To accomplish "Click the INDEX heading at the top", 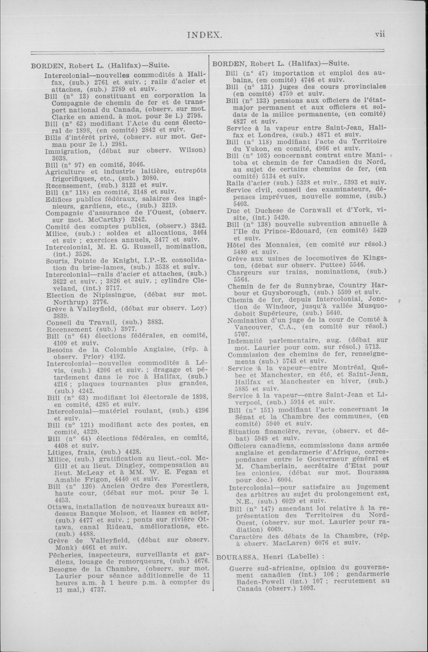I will click(204, 34).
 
